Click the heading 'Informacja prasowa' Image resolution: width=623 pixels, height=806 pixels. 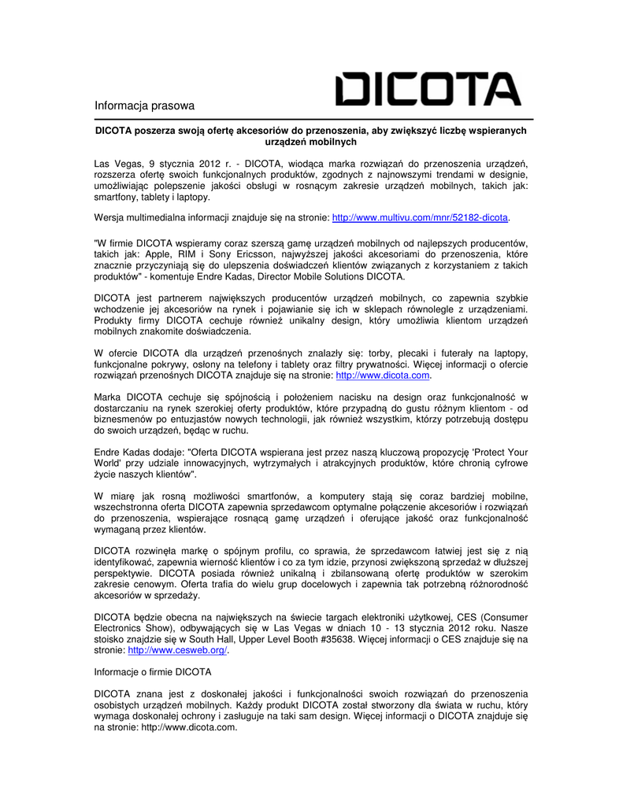point(144,105)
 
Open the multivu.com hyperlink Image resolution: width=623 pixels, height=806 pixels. point(421,217)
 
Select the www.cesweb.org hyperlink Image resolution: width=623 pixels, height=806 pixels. point(177,651)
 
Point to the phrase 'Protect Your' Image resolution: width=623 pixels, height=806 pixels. point(499,453)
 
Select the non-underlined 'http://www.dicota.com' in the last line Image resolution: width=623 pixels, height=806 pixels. point(188,727)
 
